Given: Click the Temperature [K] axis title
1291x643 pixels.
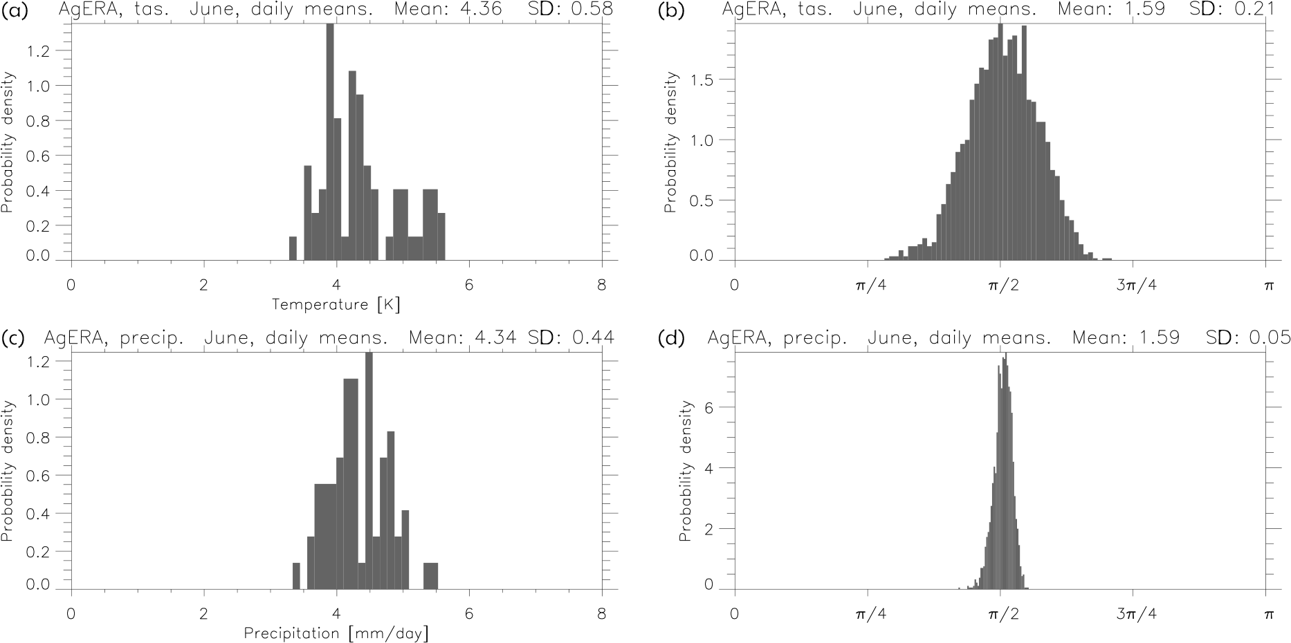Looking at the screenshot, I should (x=336, y=305).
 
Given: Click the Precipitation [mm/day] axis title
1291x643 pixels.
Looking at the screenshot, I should (x=336, y=633).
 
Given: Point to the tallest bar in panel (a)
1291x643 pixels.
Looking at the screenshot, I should (x=330, y=142).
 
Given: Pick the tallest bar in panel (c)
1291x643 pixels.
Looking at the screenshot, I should (x=369, y=470).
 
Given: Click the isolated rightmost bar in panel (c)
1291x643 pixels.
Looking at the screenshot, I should (x=430, y=576).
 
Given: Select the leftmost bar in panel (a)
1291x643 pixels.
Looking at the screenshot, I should (x=293, y=248).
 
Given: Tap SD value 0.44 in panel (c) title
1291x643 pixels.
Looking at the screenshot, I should (x=592, y=338).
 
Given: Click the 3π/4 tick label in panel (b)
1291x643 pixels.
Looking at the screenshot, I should (x=1133, y=285).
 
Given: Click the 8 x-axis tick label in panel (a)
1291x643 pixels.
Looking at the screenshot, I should (x=601, y=285).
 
